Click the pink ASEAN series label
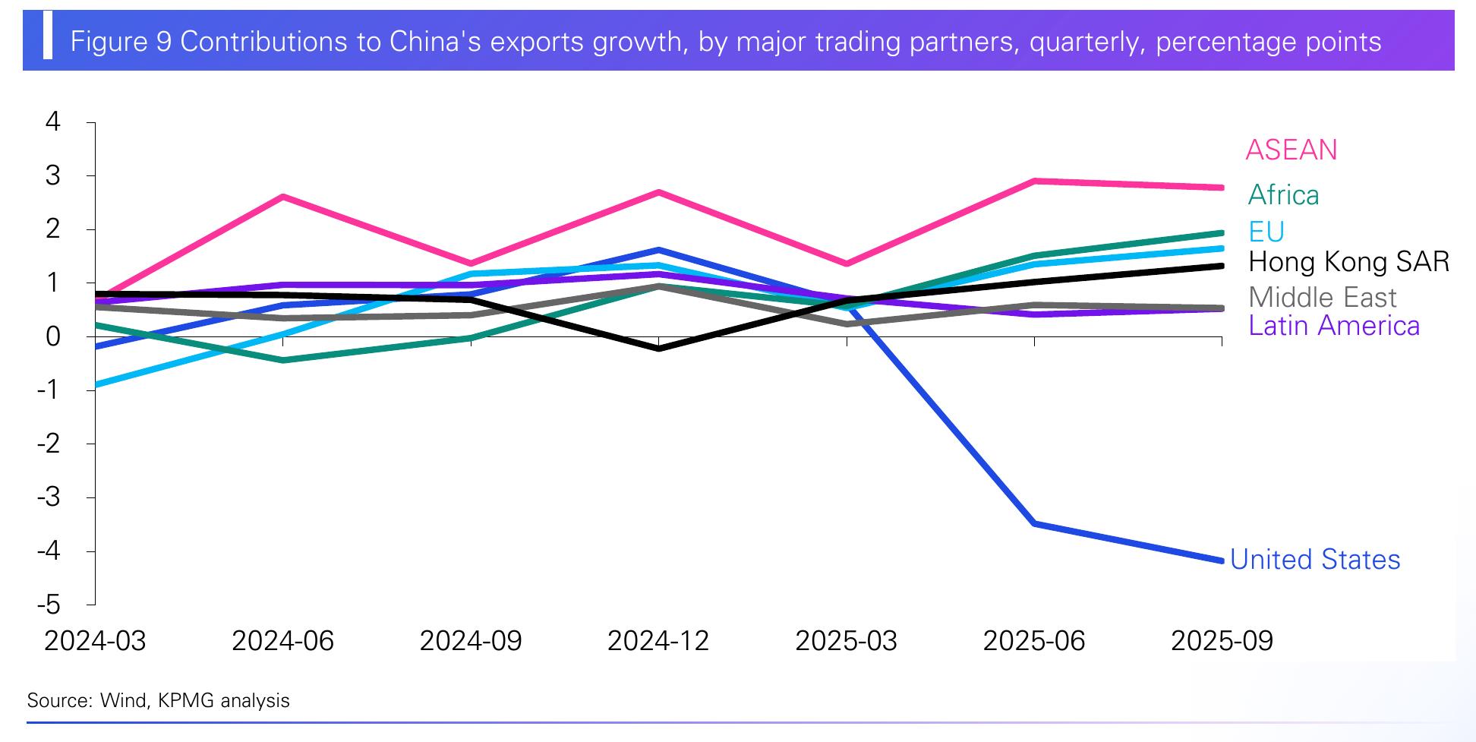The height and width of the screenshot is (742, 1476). point(1291,150)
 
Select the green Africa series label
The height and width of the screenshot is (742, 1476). point(1283,195)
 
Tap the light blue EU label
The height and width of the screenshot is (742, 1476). point(1266,232)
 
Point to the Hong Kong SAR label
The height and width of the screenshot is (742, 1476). point(1348,262)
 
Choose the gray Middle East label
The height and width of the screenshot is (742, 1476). point(1323,297)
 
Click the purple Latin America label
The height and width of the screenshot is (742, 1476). point(1334,326)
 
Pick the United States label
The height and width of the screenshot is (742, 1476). point(1315,560)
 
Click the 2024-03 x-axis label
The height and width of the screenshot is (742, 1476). point(95,641)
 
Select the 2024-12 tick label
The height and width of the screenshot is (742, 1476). point(658,641)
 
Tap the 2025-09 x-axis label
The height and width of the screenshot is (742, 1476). point(1222,641)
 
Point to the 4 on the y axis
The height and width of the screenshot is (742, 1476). point(53,122)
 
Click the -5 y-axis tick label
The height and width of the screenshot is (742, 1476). point(49,605)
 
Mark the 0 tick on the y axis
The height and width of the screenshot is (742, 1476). point(53,336)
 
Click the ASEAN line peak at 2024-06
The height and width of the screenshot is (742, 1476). point(282,197)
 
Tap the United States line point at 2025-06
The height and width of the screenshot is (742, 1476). point(1034,524)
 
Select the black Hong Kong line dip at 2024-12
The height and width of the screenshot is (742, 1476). point(658,349)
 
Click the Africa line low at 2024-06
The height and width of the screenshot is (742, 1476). point(282,360)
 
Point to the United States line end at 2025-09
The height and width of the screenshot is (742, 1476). point(1221,561)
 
